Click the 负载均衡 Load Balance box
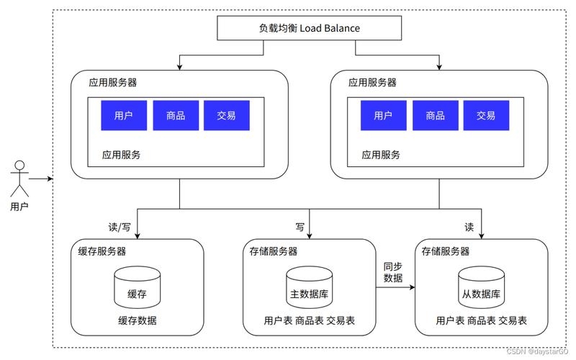309,28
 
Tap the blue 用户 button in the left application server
124,115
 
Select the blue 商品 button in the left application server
176,115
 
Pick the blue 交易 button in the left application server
227,115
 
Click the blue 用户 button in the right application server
382,115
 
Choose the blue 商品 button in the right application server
435,115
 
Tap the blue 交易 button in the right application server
486,115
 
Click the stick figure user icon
20,178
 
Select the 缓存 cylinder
137,288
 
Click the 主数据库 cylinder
309,288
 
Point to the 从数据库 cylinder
482,288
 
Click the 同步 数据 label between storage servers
393,272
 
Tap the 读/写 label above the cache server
120,227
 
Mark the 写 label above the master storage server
300,227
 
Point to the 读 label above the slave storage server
469,227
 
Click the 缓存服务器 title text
102,251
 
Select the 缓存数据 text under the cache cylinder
137,320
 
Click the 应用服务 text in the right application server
381,154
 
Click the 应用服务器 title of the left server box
113,83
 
